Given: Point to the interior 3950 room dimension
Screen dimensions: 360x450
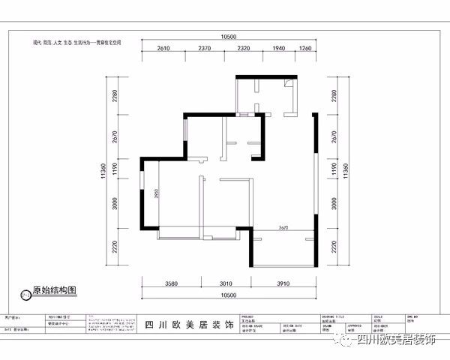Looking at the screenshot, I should coord(156,193).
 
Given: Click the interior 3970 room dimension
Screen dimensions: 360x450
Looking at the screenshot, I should coord(283,226).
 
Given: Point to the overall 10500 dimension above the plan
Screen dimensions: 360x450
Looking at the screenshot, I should coord(229,37).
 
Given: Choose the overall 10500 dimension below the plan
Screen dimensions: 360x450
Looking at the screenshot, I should coord(229,295).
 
